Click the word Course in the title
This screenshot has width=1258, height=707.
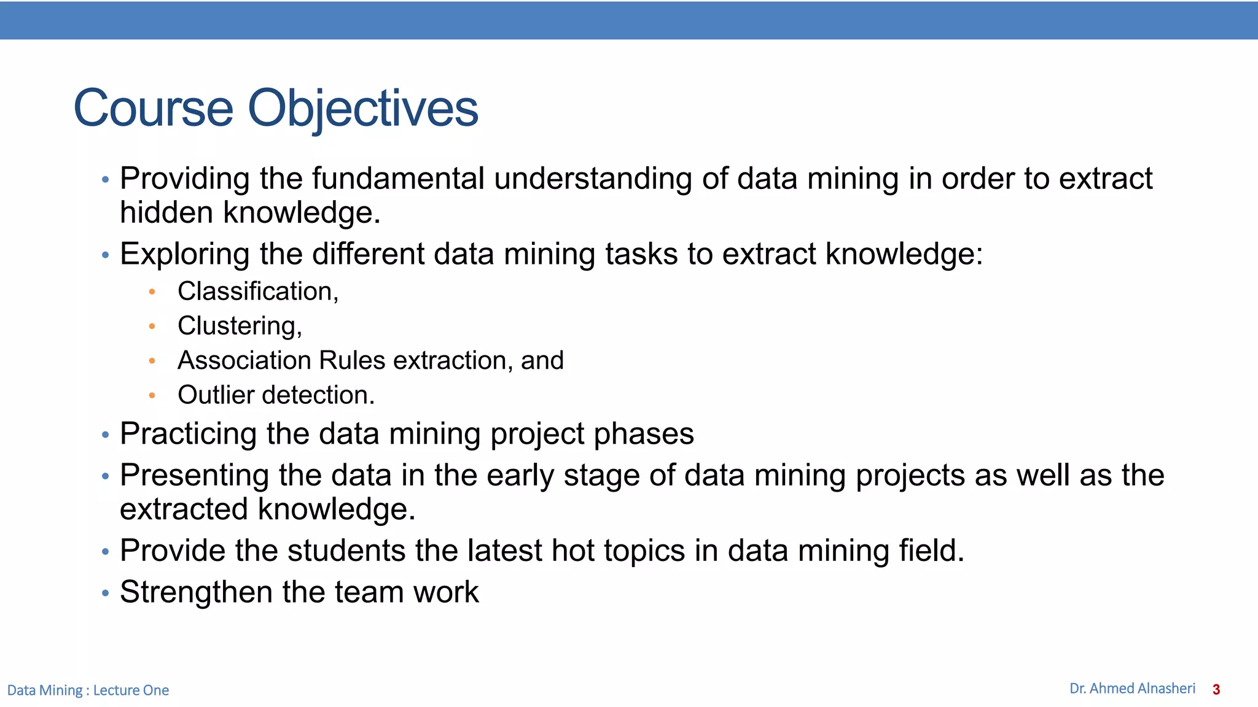[153, 109]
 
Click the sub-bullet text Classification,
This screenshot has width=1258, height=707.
[258, 291]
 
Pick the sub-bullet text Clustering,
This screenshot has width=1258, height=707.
[240, 326]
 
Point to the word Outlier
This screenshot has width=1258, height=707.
[216, 395]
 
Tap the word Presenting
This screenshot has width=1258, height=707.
[194, 476]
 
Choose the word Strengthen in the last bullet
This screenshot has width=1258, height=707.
[196, 592]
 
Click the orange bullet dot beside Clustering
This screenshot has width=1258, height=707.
[152, 326]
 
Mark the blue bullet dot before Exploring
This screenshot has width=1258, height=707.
[105, 255]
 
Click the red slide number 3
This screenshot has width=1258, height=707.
[1216, 690]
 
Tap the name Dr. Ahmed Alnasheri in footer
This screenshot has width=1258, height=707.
[1132, 689]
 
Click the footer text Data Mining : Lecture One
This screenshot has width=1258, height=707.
[88, 690]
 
